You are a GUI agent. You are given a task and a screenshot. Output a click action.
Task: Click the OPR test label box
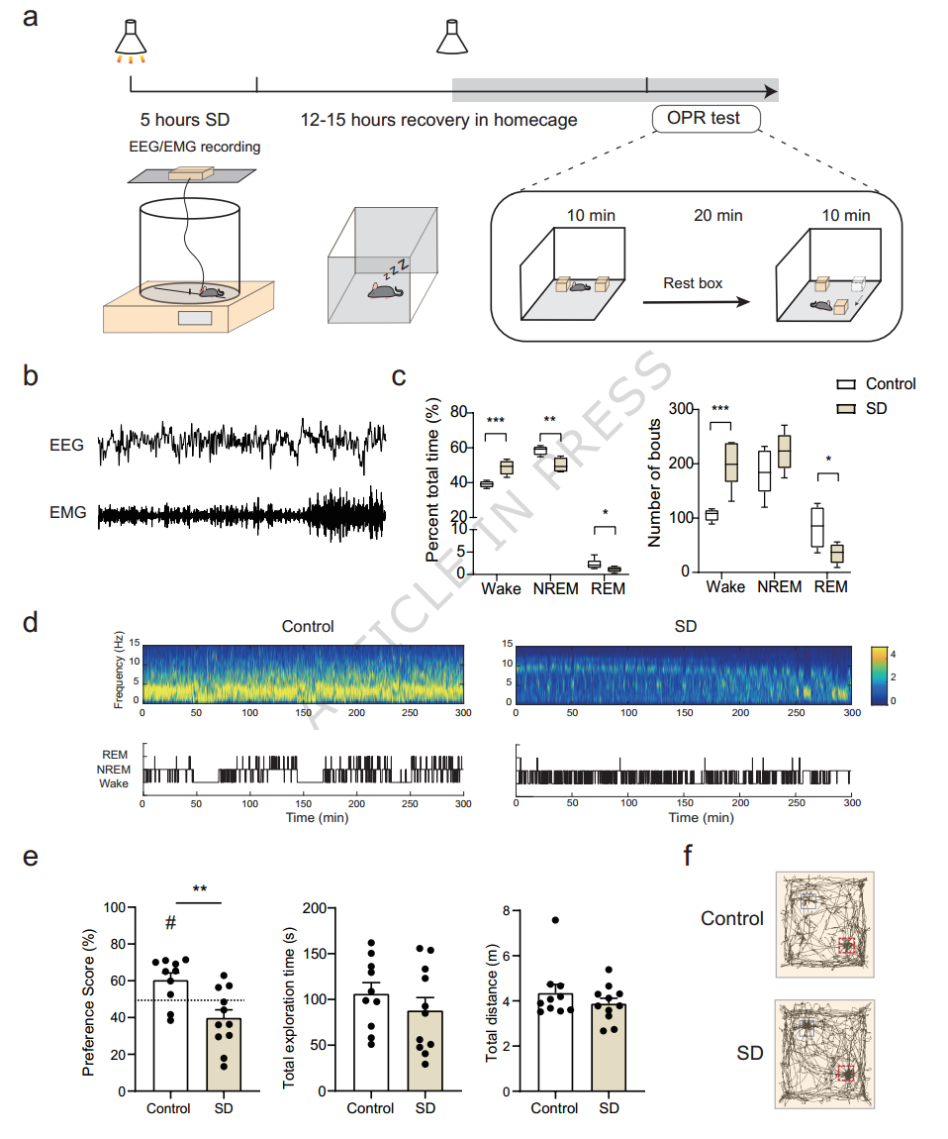click(706, 119)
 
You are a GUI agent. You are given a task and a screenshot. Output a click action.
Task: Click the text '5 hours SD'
click(184, 120)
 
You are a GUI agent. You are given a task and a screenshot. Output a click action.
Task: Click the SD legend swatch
click(846, 408)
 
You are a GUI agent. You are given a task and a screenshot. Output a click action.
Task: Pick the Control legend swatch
click(846, 384)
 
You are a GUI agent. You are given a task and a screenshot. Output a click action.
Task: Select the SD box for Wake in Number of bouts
click(731, 462)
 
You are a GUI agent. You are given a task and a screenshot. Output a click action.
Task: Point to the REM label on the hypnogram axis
click(115, 756)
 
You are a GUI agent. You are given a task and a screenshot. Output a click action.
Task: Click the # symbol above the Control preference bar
click(170, 923)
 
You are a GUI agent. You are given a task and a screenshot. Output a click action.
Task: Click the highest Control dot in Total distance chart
click(556, 920)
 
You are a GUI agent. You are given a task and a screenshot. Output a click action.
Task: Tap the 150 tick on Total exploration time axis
click(316, 954)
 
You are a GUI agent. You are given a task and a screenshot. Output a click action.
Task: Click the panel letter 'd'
click(31, 623)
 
